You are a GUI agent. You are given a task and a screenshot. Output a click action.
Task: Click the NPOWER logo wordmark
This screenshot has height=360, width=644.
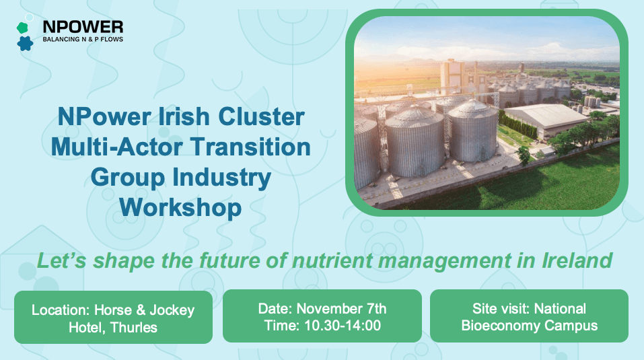click(83, 27)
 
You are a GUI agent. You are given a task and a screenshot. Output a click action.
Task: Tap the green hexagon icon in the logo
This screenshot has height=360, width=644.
click(22, 28)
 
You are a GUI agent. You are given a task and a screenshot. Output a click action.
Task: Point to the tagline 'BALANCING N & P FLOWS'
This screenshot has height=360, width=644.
click(83, 40)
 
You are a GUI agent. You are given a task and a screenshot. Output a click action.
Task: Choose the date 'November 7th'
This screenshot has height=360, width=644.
click(342, 309)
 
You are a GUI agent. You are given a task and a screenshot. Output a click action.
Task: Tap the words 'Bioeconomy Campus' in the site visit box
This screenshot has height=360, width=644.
click(529, 326)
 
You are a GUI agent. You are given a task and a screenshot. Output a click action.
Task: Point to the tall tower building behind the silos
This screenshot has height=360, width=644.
click(449, 77)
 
